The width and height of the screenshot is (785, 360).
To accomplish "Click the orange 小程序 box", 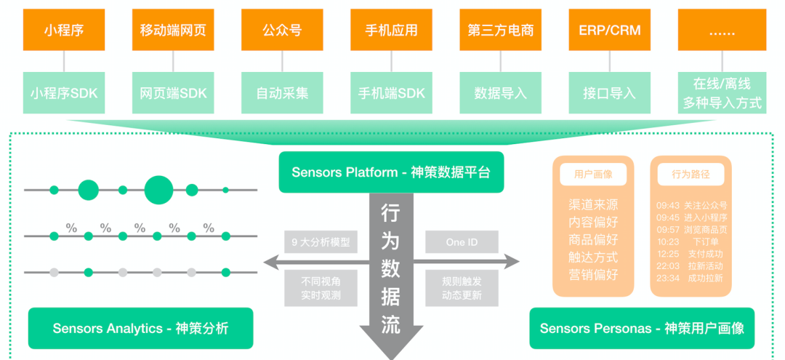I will click(x=64, y=31).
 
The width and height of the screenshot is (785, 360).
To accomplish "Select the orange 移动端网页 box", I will click(x=173, y=31).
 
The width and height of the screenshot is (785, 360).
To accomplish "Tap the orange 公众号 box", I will click(x=282, y=31).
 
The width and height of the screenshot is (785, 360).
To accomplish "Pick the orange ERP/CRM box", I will click(x=609, y=31).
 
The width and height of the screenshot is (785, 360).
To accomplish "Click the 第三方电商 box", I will click(x=500, y=31).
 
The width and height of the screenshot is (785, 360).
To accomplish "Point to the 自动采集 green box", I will click(x=282, y=94).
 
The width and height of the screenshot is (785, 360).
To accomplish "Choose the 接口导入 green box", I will click(x=609, y=94).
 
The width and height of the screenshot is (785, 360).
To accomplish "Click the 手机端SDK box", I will click(x=391, y=94).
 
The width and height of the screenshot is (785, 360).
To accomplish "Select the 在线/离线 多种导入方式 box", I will click(x=722, y=94).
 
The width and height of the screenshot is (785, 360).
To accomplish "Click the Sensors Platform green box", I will click(x=391, y=172).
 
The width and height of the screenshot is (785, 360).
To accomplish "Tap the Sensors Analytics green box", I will click(x=140, y=328).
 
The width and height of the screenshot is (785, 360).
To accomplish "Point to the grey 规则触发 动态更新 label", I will click(x=462, y=288).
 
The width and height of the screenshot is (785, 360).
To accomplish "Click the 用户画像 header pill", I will click(x=593, y=175).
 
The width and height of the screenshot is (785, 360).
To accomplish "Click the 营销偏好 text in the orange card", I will click(x=593, y=275).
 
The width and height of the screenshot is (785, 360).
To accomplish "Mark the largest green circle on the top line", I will click(x=158, y=190).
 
